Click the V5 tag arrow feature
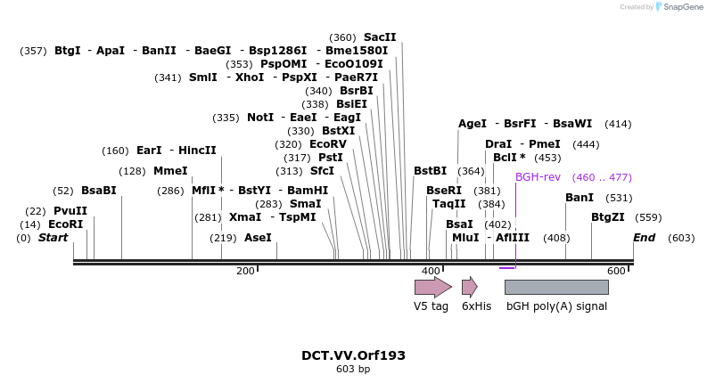(x=432, y=287)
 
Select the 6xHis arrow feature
(x=469, y=287)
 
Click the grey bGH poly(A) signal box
(x=556, y=287)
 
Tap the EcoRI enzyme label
(x=65, y=224)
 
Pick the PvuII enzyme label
(x=70, y=211)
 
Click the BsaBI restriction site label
(x=99, y=191)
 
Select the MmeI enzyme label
(x=170, y=171)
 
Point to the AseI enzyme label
(x=258, y=238)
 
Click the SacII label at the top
(x=380, y=37)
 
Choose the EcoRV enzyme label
(x=327, y=144)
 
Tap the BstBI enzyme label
(x=430, y=171)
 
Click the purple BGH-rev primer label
(x=538, y=177)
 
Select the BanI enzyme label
(x=580, y=198)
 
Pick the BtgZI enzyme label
(x=608, y=217)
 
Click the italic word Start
(x=53, y=238)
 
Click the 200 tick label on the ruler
(x=245, y=271)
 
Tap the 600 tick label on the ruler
(x=616, y=271)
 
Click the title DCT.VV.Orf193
(x=353, y=355)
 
